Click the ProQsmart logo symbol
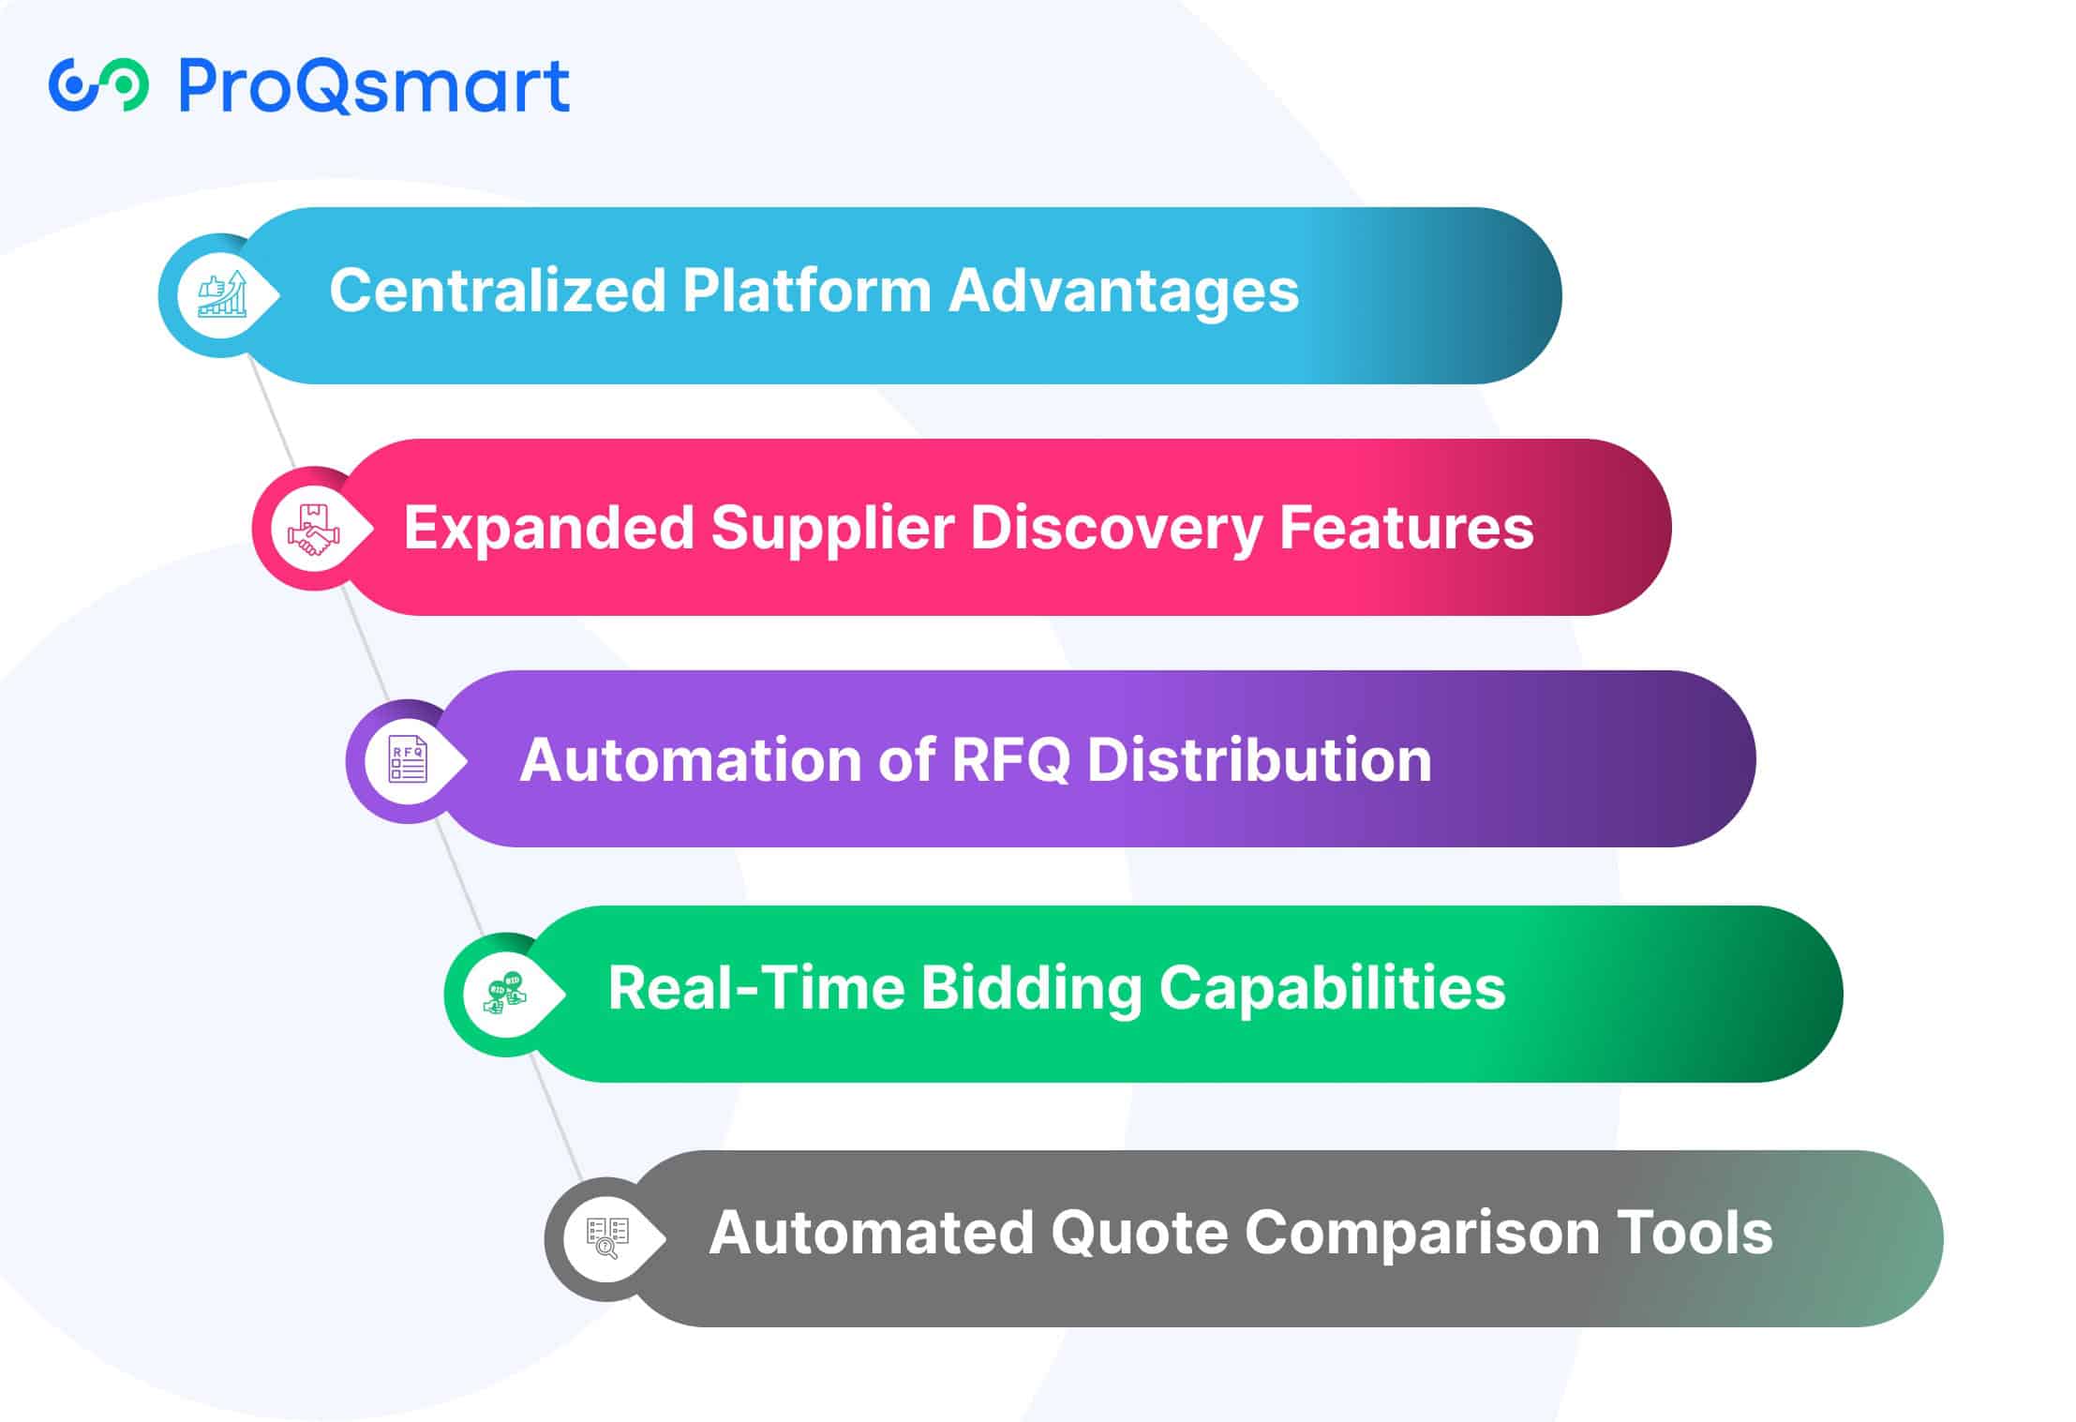tap(98, 85)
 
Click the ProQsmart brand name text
tap(373, 86)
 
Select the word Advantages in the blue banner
tap(1124, 292)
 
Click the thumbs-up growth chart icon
tap(222, 294)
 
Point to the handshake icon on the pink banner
tap(314, 530)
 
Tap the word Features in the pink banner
tap(1406, 527)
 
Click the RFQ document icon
tap(409, 760)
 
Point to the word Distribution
tap(1259, 759)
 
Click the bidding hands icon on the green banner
tap(506, 994)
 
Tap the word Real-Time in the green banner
tap(755, 988)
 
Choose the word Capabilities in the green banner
tap(1332, 990)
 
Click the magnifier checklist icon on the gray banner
tap(606, 1238)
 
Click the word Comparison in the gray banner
tap(1421, 1235)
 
